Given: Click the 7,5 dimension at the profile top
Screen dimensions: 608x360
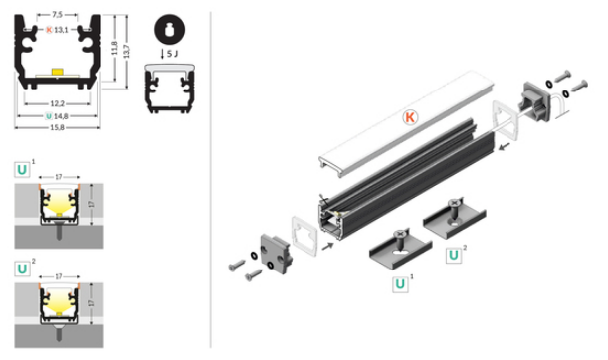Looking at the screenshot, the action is (x=57, y=15).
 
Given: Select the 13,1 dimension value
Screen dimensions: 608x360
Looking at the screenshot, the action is (x=61, y=30).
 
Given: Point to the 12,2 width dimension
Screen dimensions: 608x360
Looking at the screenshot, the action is (x=57, y=103).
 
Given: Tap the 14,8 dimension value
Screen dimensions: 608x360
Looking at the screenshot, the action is (x=61, y=116).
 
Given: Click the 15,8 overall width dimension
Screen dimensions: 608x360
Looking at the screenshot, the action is (x=57, y=127).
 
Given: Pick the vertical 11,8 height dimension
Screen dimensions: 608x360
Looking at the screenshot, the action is (x=114, y=48).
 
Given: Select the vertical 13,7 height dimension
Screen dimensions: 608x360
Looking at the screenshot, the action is (x=126, y=51).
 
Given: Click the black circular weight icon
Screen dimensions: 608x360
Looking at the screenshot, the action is (x=169, y=29).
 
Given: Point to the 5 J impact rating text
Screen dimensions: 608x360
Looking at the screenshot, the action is (x=173, y=54).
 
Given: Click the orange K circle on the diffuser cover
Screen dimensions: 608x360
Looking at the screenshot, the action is (x=410, y=117).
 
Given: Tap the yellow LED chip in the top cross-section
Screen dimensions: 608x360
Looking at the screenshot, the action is (x=57, y=72).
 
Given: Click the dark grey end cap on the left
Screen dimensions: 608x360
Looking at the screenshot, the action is (x=276, y=253).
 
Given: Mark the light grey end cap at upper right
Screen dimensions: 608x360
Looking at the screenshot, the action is (x=536, y=101).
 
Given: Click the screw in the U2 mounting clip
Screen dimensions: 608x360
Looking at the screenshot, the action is (x=454, y=209).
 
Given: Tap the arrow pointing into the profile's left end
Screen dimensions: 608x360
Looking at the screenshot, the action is (x=327, y=246).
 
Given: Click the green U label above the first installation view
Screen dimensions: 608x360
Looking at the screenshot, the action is (x=22, y=170).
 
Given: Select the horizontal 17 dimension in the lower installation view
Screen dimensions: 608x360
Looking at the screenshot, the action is (x=58, y=276).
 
